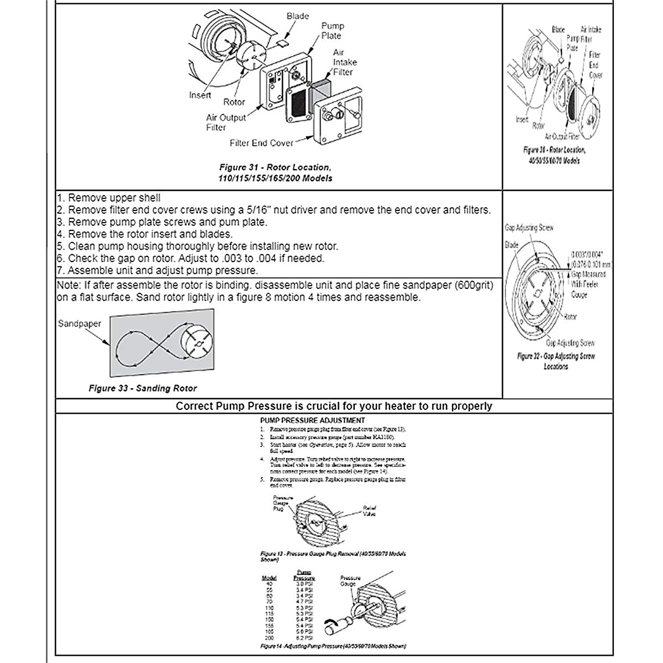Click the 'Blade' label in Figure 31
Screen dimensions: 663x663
coord(297,16)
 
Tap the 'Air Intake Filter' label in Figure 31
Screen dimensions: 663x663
coord(345,62)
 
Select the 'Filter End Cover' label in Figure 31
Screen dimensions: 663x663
coord(261,143)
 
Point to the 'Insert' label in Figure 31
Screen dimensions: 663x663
coord(200,95)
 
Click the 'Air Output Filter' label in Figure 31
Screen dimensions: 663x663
coord(225,122)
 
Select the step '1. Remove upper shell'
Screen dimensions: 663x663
coord(109,198)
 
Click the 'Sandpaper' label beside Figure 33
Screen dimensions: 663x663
coord(80,324)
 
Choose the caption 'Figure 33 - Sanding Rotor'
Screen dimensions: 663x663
coord(143,388)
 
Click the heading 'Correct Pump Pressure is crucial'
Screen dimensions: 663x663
coord(333,406)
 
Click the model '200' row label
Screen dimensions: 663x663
coord(269,638)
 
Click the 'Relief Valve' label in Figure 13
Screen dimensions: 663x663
coord(369,511)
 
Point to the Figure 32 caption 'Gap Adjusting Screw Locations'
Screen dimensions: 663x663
coord(556,361)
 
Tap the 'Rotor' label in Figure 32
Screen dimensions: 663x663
coord(571,317)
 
